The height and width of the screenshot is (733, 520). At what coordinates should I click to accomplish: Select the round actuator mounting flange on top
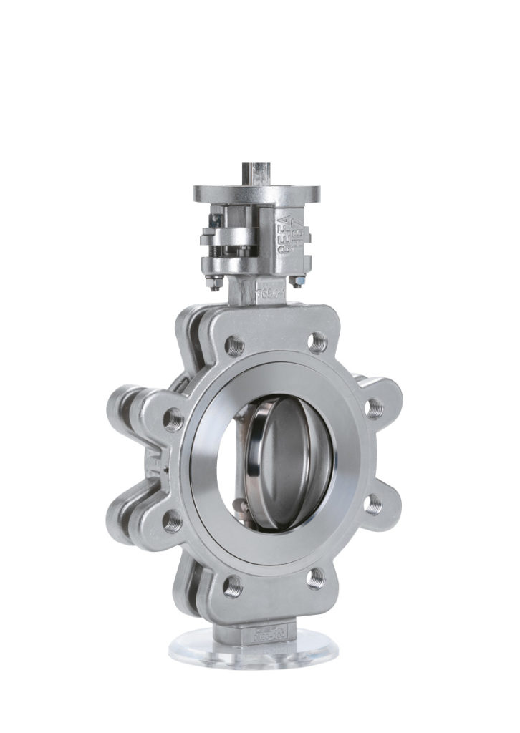(256, 193)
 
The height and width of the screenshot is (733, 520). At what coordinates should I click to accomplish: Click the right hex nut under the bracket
(297, 283)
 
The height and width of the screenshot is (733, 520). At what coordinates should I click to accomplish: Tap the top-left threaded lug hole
(233, 346)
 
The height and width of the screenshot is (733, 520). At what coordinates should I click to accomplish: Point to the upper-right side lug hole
(375, 407)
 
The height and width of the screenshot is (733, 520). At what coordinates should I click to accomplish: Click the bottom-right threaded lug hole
(315, 577)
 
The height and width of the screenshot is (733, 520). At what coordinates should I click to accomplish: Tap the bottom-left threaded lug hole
(232, 586)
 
